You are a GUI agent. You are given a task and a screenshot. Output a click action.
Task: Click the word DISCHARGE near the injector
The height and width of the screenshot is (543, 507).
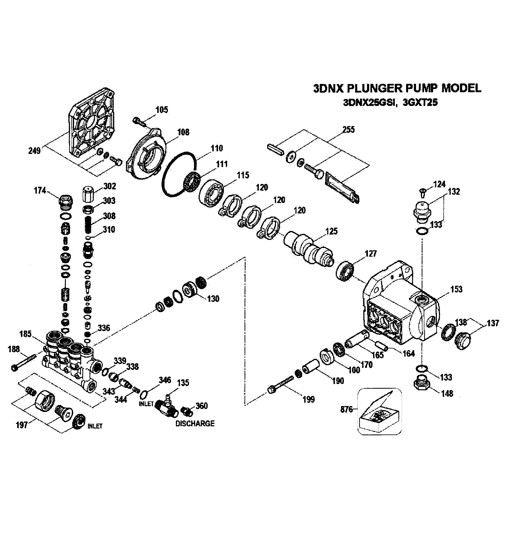click(195, 424)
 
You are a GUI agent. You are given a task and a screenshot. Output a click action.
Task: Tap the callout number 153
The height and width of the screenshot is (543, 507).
click(456, 289)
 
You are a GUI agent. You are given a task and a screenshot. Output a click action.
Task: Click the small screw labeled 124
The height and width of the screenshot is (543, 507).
click(422, 193)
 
